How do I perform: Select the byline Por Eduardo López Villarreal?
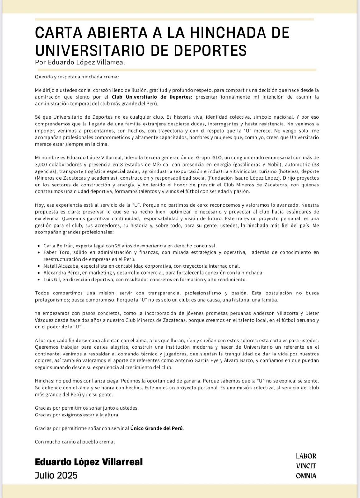pyautogui.click(x=80, y=62)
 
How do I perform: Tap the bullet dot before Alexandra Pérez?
pyautogui.click(x=38, y=273)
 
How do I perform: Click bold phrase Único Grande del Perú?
pyautogui.click(x=157, y=428)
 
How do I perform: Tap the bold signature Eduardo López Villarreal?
pyautogui.click(x=89, y=462)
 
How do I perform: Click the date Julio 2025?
pyautogui.click(x=56, y=475)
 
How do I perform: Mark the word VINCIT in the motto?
pyautogui.click(x=306, y=466)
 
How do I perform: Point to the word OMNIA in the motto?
pyautogui.click(x=306, y=476)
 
